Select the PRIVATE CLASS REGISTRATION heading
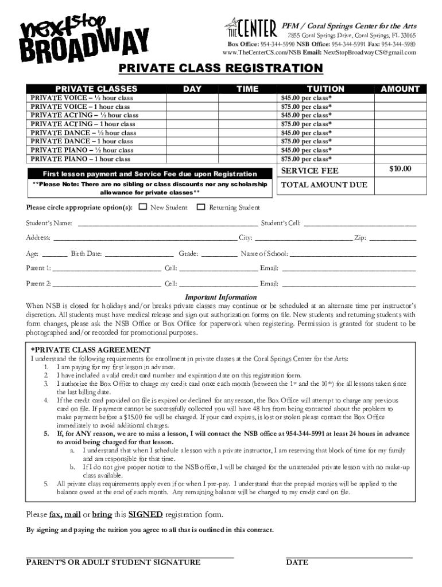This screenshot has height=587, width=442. coord(220,69)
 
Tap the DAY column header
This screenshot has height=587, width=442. coord(192,89)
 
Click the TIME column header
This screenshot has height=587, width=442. coord(247,89)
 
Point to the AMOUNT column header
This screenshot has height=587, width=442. coord(400,89)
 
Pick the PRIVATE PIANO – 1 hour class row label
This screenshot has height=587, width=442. coord(80,159)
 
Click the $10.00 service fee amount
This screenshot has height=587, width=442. coord(400,169)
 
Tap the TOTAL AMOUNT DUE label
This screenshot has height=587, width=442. coord(324,185)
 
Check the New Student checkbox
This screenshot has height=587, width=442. coord(143,207)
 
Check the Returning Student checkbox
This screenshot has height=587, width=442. coord(201,207)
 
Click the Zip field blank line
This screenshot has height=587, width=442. coord(393,240)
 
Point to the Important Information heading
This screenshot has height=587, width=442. coord(220,298)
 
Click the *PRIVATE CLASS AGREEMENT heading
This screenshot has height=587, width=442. coord(90,350)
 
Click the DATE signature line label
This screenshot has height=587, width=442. coord(297,562)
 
